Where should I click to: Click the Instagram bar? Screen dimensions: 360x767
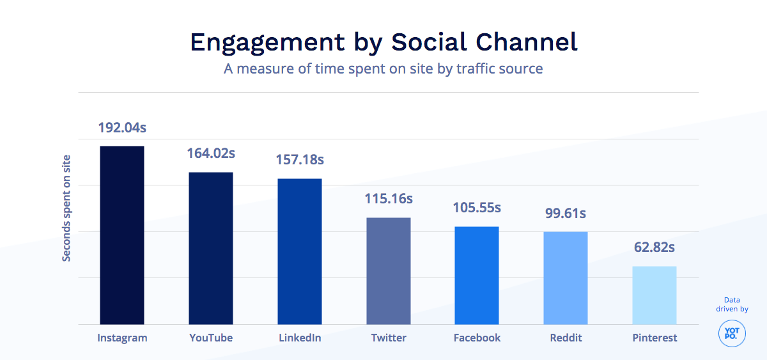(x=122, y=235)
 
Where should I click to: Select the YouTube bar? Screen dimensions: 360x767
(x=211, y=248)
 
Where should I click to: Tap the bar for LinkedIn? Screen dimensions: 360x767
(x=300, y=251)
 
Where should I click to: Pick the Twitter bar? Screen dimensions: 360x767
(x=389, y=271)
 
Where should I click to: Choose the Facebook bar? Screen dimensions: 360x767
(x=477, y=276)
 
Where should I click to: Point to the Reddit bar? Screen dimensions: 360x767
(x=566, y=278)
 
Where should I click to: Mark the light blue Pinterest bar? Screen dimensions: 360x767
(x=655, y=295)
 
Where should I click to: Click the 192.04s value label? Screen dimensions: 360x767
(x=122, y=127)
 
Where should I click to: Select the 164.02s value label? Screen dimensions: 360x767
(x=211, y=153)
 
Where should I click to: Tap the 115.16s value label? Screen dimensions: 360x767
(x=389, y=199)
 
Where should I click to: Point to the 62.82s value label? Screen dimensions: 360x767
(x=655, y=247)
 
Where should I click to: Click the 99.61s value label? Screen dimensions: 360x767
(x=566, y=213)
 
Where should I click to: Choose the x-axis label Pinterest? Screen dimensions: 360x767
(x=655, y=338)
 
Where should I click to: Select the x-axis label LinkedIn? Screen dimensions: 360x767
(x=300, y=338)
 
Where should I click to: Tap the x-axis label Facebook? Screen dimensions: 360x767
(x=477, y=338)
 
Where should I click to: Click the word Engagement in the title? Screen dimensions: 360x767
(x=269, y=42)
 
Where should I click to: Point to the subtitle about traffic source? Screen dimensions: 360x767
(x=383, y=68)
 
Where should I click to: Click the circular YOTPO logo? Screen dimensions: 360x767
(x=732, y=334)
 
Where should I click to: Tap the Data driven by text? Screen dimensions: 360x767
(x=732, y=304)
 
